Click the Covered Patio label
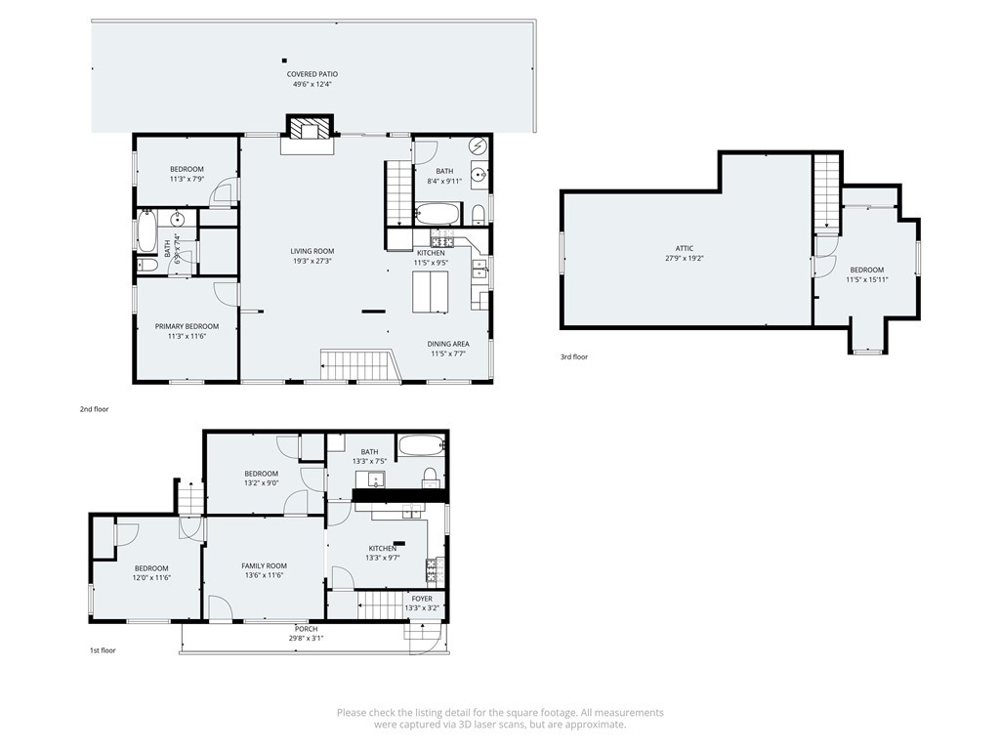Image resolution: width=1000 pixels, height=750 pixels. pyautogui.click(x=312, y=74)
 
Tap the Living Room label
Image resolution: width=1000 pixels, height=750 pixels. pyautogui.click(x=312, y=251)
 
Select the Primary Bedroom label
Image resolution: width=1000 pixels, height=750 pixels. pyautogui.click(x=187, y=326)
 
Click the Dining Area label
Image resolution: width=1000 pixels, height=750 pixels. pyautogui.click(x=448, y=344)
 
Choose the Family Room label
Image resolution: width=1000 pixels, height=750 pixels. pyautogui.click(x=264, y=566)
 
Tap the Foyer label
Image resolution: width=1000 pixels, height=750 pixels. pyautogui.click(x=422, y=599)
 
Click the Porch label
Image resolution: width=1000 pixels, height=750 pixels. pyautogui.click(x=306, y=628)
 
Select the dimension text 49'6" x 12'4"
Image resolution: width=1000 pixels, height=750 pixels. pyautogui.click(x=312, y=85)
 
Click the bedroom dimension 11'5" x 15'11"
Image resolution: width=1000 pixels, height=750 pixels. pyautogui.click(x=866, y=280)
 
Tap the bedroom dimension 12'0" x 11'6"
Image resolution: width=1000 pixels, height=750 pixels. pyautogui.click(x=151, y=578)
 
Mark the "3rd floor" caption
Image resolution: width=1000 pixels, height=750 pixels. pyautogui.click(x=574, y=357)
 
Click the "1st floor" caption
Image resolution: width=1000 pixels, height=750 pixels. pyautogui.click(x=102, y=649)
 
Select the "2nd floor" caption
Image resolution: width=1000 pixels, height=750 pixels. pyautogui.click(x=94, y=409)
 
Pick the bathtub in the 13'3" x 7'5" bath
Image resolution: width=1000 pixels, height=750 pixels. pyautogui.click(x=421, y=445)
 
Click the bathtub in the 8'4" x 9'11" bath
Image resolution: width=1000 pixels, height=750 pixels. pyautogui.click(x=437, y=213)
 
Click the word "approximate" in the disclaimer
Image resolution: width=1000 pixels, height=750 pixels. pyautogui.click(x=594, y=725)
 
